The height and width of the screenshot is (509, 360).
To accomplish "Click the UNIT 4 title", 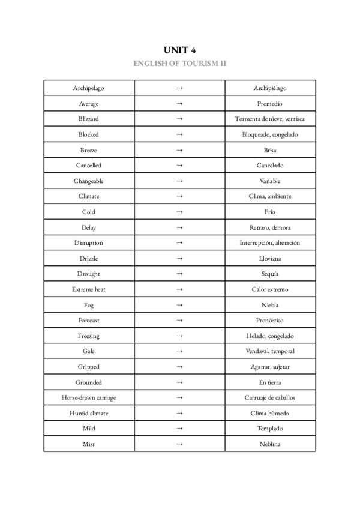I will (x=179, y=50).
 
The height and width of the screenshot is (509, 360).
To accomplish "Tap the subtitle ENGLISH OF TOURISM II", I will (x=179, y=63).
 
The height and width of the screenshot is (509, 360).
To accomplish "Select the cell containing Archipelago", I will (x=89, y=88).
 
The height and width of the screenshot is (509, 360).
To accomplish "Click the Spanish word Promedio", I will (x=269, y=104).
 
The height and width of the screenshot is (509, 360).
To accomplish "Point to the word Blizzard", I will (x=89, y=119).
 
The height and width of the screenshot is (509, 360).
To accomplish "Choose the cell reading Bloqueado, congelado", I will (x=269, y=134).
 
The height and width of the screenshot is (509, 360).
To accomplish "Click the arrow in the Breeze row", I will (x=179, y=150).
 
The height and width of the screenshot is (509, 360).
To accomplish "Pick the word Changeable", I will (x=89, y=181).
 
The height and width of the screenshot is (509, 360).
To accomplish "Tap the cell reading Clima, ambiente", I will (x=269, y=196).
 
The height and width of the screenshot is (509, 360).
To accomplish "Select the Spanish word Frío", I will (x=269, y=212).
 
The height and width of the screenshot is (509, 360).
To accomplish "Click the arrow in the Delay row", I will (x=179, y=227).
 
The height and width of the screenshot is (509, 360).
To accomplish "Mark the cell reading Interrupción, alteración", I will (x=269, y=243).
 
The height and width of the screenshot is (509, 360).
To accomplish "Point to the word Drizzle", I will (x=89, y=259).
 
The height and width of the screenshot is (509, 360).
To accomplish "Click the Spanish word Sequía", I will (x=269, y=274).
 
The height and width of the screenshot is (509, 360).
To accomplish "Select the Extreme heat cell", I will (x=89, y=289).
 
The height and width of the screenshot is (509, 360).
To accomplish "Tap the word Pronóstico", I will (x=269, y=321).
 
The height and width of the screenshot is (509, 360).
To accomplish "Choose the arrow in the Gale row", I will (x=179, y=351).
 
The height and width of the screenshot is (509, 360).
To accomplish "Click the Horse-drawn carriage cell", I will (x=89, y=397).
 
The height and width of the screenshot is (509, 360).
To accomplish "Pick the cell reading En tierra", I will (x=269, y=382).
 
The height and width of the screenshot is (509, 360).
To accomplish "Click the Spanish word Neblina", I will (x=269, y=444).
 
